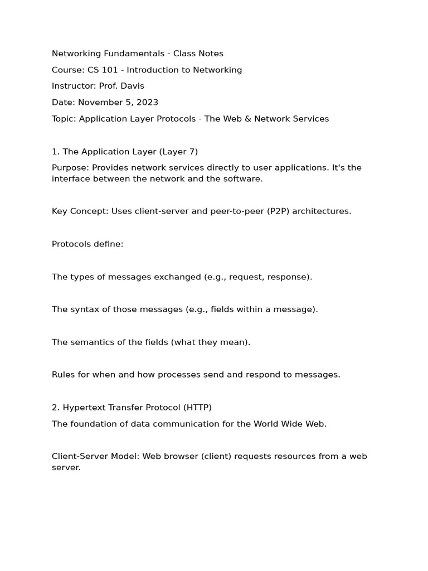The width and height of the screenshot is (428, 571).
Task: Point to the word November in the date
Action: coord(99,102)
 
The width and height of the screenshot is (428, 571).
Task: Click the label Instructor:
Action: coord(74,86)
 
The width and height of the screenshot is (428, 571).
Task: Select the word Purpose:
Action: coord(70,168)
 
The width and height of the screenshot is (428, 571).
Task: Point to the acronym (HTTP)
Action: coord(197,408)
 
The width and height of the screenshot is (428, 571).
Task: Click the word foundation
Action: coord(93,424)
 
